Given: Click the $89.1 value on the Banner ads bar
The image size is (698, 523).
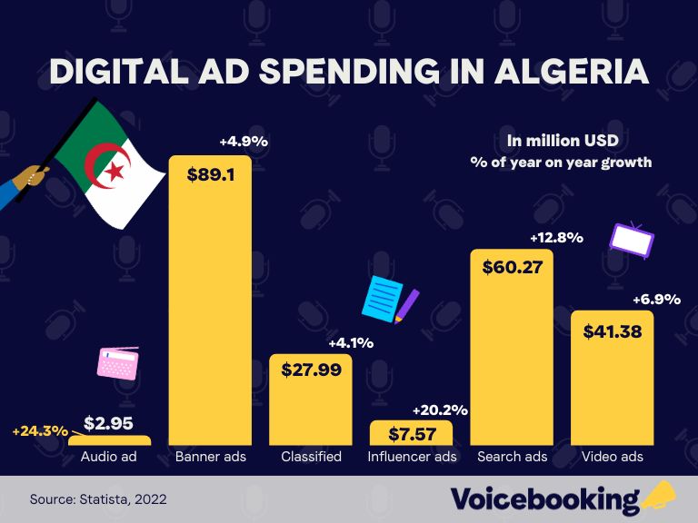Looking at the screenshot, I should (211, 174).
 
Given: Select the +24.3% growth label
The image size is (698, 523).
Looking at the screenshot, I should (40, 431).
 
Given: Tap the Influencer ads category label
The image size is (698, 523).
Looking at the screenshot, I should (413, 456).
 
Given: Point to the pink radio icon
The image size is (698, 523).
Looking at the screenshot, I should (118, 362).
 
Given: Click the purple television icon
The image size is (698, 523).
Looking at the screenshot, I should (632, 240).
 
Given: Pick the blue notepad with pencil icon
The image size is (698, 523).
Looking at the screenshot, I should (389, 299).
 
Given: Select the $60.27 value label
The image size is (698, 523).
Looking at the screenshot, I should (511, 269).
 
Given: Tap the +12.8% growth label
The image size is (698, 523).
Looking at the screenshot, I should (555, 238).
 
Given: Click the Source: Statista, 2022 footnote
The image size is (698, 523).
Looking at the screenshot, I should (98, 499).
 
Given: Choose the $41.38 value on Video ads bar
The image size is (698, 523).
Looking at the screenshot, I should (612, 331).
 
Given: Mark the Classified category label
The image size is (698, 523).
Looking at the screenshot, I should (311, 456).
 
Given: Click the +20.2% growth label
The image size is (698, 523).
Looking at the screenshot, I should (440, 410).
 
